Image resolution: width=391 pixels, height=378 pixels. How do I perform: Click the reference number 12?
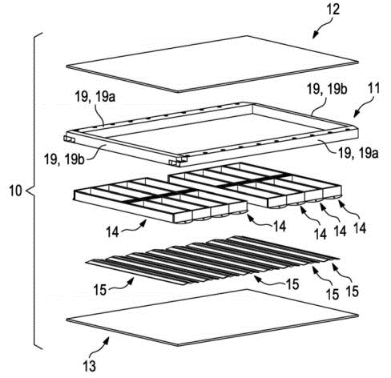click(333, 9)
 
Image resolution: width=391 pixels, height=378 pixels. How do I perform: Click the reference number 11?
click(373, 88)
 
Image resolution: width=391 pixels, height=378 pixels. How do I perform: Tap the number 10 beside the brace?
click(15, 191)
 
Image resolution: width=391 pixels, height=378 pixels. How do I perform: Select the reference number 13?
click(90, 366)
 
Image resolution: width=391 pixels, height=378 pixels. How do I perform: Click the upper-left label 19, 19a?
click(95, 97)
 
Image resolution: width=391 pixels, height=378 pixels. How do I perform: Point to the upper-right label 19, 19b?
click(327, 89)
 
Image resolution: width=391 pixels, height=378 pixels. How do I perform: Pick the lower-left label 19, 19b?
click(65, 159)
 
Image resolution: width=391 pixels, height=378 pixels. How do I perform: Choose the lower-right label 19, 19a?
click(358, 153)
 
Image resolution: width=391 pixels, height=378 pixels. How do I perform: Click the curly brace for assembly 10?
click(34, 191)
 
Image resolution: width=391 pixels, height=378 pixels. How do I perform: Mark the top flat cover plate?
click(212, 64)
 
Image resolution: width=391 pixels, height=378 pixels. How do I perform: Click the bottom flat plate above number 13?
click(212, 318)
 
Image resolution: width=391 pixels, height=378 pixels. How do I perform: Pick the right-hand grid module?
click(255, 186)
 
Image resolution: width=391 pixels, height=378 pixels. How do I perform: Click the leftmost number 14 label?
click(112, 231)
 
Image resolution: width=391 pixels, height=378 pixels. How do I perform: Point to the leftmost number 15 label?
click(100, 289)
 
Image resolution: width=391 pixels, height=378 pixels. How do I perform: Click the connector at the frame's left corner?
click(69, 139)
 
